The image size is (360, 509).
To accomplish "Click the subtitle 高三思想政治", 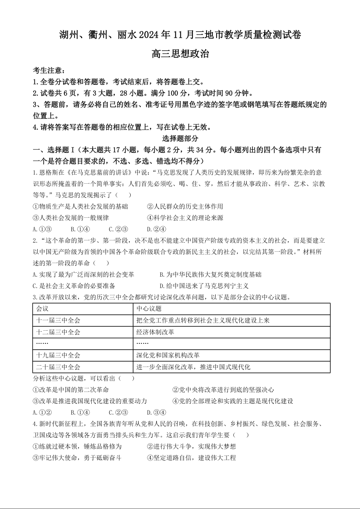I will pyautogui.click(x=180, y=54).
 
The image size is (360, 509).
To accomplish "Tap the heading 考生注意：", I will pyautogui.click(x=49, y=71).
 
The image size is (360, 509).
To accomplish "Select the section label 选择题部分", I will pyautogui.click(x=180, y=139).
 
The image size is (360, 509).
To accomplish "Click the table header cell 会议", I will pyautogui.click(x=42, y=308).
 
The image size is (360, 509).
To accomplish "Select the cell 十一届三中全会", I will pyautogui.click(x=58, y=320).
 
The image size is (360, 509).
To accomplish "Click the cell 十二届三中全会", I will pyautogui.click(x=58, y=332).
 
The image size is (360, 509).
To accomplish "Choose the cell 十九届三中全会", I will pyautogui.click(x=58, y=355).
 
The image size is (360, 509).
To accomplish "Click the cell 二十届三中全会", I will pyautogui.click(x=58, y=367).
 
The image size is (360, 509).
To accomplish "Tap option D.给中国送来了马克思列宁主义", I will pyautogui.click(x=204, y=286).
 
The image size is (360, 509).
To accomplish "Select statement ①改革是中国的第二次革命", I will pyautogui.click(x=71, y=390).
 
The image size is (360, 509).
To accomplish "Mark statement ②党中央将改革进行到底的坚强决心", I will pyautogui.click(x=223, y=390).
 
